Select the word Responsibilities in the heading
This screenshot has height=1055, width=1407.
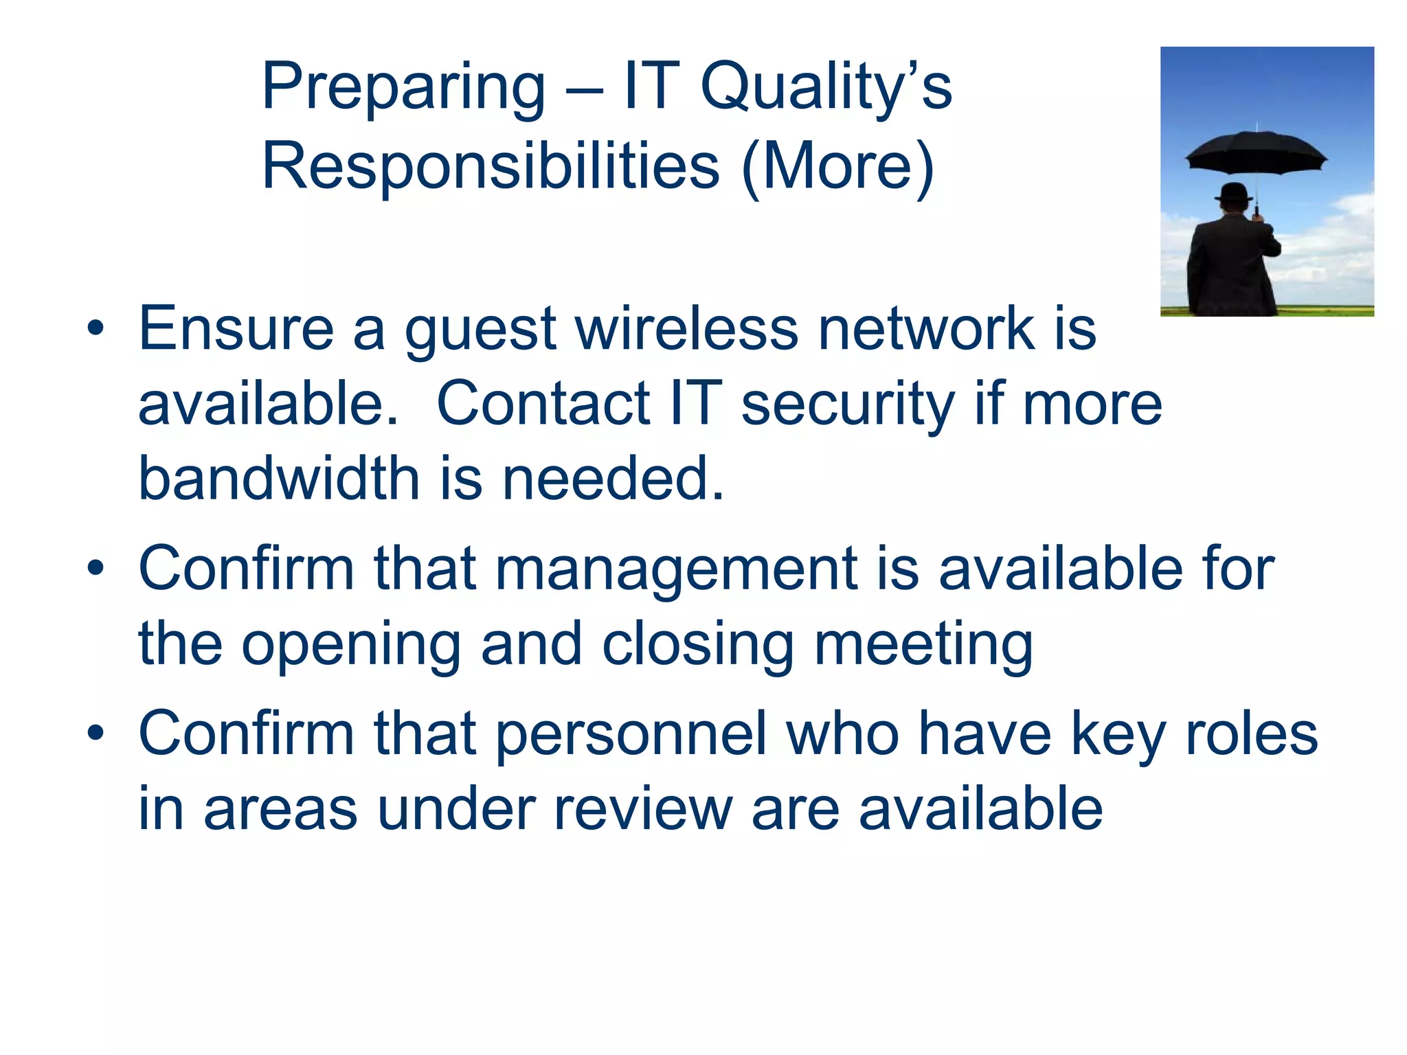pyautogui.click(x=491, y=166)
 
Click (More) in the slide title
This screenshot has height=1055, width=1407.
pyautogui.click(x=838, y=166)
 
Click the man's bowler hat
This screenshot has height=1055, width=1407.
pyautogui.click(x=1234, y=192)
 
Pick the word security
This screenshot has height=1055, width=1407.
pyautogui.click(x=848, y=404)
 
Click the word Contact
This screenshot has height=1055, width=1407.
pyautogui.click(x=543, y=404)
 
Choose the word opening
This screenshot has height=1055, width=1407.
pyautogui.click(x=351, y=646)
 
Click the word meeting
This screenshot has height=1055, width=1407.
pyautogui.click(x=923, y=646)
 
